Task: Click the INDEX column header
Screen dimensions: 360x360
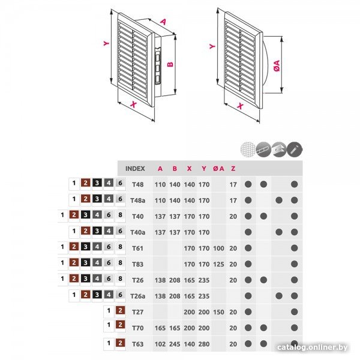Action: (x=135, y=169)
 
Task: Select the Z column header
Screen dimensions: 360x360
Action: (x=233, y=169)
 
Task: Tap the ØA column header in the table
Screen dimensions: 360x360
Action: (x=218, y=169)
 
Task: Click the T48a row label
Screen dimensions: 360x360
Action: (x=138, y=200)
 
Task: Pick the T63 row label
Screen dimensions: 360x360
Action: (x=138, y=344)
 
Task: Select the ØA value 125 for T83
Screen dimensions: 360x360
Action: (x=218, y=264)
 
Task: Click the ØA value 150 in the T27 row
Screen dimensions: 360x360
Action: (x=218, y=312)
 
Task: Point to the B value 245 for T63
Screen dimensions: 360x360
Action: (x=175, y=344)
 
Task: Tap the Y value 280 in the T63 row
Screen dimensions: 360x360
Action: (x=204, y=344)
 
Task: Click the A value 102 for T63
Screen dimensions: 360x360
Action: (x=160, y=344)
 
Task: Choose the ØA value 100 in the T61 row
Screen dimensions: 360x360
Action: (x=218, y=248)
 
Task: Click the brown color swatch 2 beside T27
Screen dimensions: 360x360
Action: (x=121, y=311)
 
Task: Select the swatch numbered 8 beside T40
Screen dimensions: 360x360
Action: (x=121, y=215)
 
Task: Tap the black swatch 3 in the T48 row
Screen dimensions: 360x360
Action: (x=97, y=183)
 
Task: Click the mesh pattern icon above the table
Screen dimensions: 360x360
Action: (x=248, y=149)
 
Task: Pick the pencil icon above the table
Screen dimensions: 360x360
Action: (x=295, y=149)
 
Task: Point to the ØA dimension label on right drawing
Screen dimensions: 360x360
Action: (x=277, y=65)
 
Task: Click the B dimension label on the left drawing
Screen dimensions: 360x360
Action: (x=170, y=64)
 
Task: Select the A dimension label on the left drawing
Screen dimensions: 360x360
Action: (x=163, y=22)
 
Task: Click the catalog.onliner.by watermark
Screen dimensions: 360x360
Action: (x=312, y=347)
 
